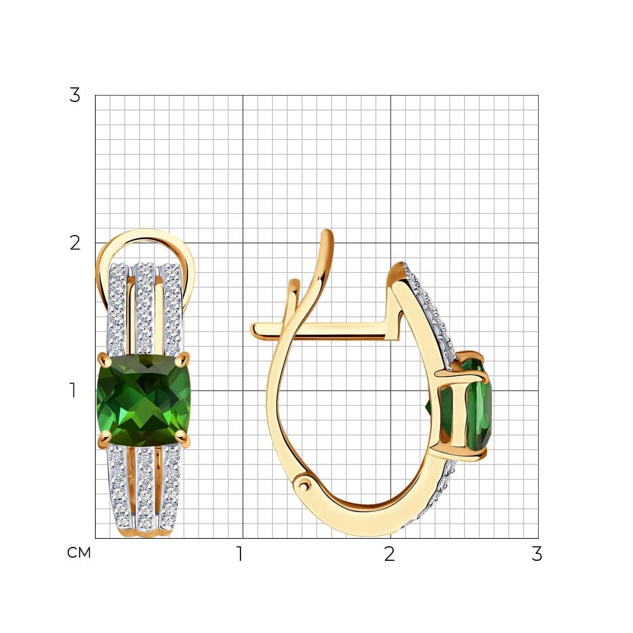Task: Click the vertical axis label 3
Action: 75,96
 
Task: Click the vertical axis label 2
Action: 75,243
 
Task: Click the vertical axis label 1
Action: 73,391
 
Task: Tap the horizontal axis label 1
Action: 240,554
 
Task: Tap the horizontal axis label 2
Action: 389,554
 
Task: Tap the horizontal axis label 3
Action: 537,554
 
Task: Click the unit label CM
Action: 78,553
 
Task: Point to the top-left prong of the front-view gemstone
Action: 104,357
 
